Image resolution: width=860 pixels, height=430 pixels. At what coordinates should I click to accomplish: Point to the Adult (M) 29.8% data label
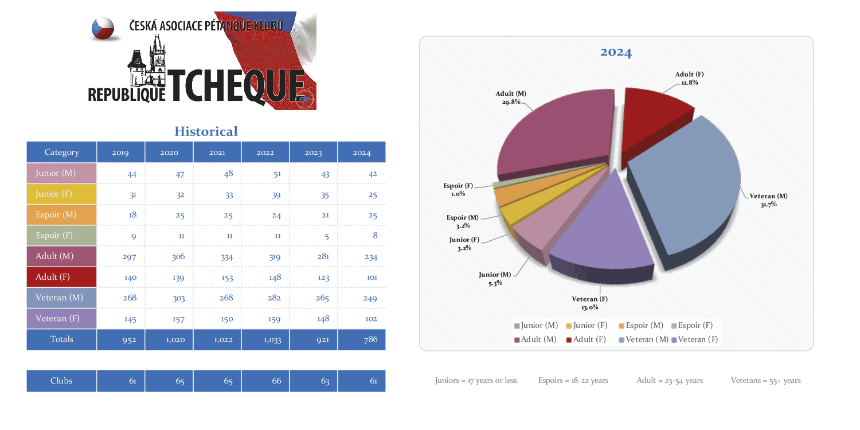click(x=511, y=97)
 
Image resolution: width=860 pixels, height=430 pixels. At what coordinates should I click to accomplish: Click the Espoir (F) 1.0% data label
click(x=458, y=190)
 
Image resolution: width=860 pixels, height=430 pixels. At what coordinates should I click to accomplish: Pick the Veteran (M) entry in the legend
click(x=643, y=339)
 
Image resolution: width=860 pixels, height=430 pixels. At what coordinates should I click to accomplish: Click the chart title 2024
click(x=616, y=53)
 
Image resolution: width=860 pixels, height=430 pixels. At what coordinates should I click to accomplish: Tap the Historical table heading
click(x=206, y=131)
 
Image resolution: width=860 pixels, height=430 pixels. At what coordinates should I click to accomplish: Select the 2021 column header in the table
click(x=217, y=153)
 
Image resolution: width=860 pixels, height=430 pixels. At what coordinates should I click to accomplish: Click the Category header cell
click(x=61, y=153)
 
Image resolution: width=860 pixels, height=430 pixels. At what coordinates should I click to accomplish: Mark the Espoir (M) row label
click(x=56, y=215)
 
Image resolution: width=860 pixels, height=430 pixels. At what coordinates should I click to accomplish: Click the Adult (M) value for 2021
click(x=226, y=257)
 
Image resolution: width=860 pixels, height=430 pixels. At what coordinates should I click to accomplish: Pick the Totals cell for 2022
click(x=272, y=339)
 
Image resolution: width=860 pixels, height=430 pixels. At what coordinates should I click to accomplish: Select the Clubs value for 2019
click(x=132, y=381)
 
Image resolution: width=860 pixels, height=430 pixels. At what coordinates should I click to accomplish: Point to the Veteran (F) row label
click(x=59, y=319)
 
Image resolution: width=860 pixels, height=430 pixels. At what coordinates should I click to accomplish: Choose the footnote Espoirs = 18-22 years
click(x=573, y=381)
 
